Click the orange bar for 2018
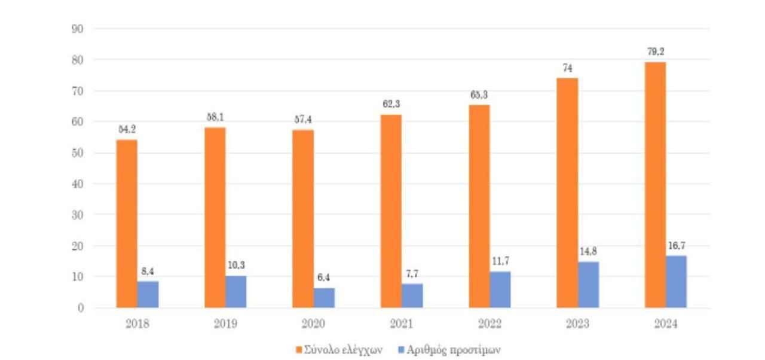click(127, 224)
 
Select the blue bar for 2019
click(235, 292)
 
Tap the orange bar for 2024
click(655, 185)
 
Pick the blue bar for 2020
click(324, 298)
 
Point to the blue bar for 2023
click(588, 285)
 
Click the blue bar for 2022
click(500, 289)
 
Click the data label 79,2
click(656, 52)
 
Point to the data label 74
click(567, 68)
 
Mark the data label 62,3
click(392, 105)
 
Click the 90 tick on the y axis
click(77, 29)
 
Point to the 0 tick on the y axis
click(80, 308)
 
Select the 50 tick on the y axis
click(77, 152)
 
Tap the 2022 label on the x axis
click(489, 324)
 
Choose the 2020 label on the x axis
click(313, 324)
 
